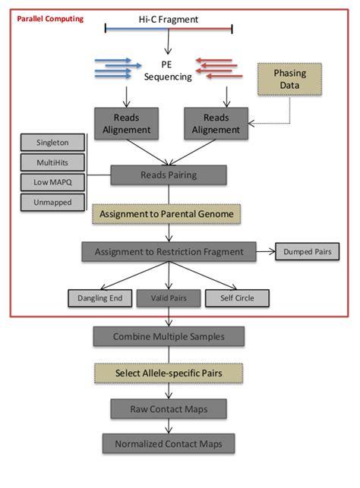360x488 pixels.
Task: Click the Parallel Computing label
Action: coord(51,17)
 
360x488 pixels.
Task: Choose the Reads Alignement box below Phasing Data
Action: coord(216,124)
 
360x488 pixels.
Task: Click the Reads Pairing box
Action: coord(168,175)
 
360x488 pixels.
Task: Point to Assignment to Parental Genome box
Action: coord(168,213)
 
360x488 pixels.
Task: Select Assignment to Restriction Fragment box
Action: coord(168,251)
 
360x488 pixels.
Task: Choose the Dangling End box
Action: coord(99,298)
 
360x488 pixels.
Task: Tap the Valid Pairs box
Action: coord(168,298)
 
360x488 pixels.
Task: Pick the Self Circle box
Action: coord(236,298)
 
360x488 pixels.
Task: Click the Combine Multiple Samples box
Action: coord(168,336)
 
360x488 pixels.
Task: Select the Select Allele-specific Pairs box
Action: coord(168,373)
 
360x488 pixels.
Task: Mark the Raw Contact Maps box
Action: coord(168,409)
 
